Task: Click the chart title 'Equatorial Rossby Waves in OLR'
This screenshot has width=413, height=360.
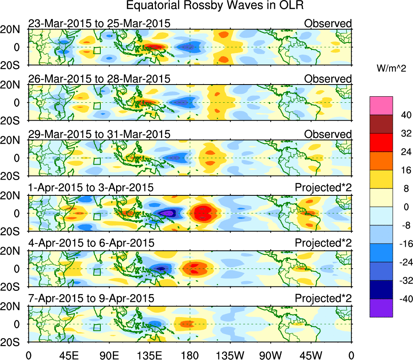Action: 214,6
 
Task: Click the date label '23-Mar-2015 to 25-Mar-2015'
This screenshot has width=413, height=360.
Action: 99,24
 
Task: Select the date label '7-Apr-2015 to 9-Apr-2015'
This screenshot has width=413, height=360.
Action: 91,298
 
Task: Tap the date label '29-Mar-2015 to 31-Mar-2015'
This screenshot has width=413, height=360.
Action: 99,134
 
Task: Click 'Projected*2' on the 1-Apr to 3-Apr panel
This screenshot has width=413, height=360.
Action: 323,188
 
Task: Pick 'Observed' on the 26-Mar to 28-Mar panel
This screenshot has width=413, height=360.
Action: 328,79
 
